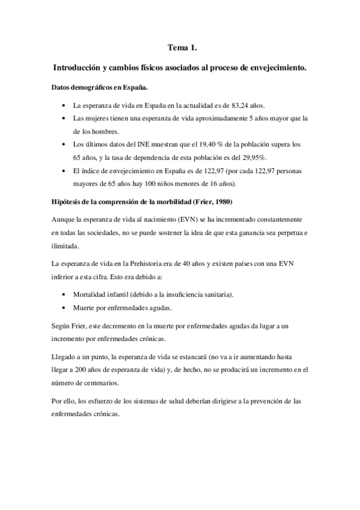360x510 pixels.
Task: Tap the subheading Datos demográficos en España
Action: tap(96, 87)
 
